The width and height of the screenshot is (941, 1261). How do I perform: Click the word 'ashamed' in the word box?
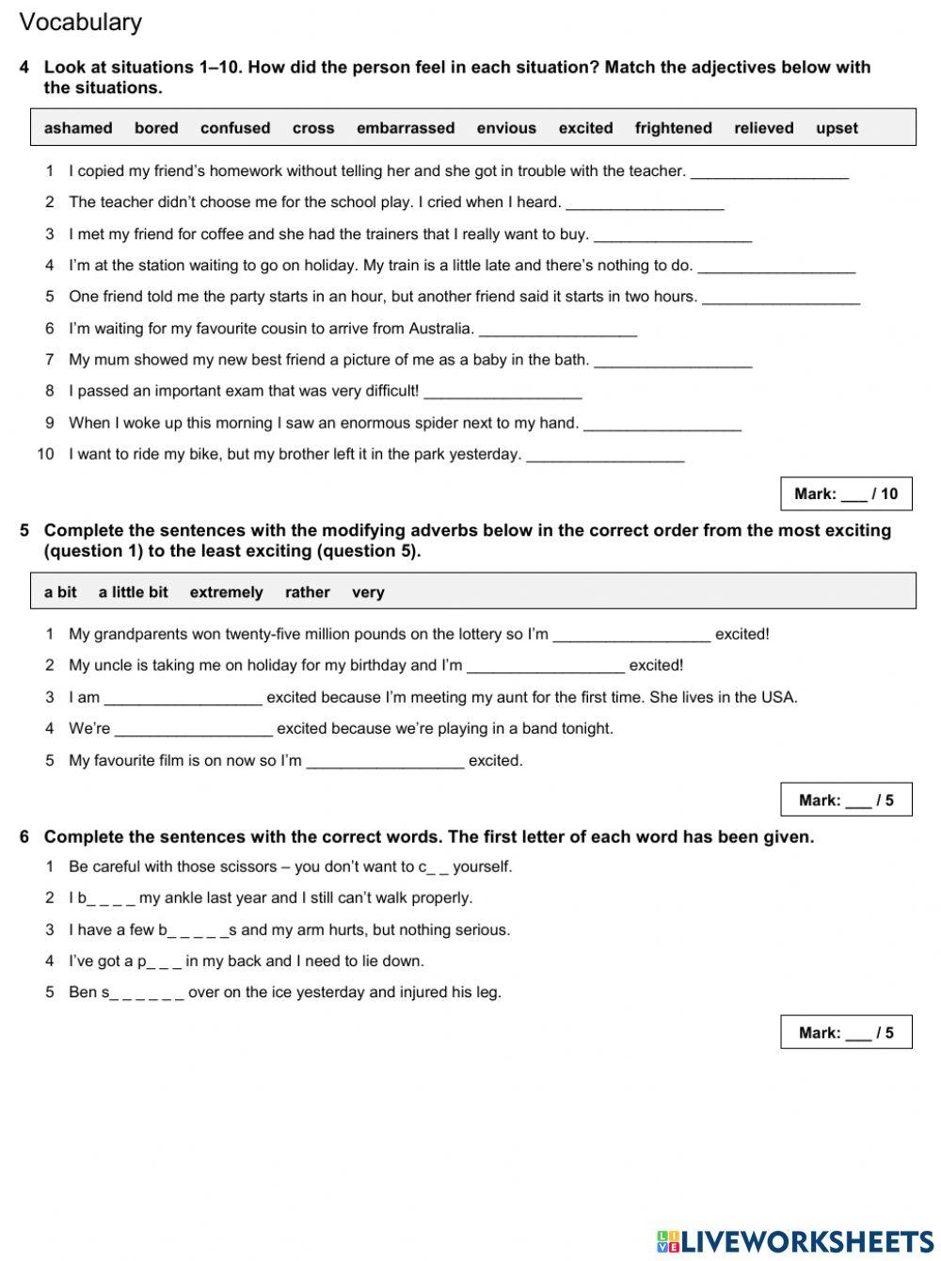pos(78,128)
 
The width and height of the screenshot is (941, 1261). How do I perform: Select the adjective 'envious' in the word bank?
pos(506,128)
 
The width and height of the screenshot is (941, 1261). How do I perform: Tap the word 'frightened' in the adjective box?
pos(673,128)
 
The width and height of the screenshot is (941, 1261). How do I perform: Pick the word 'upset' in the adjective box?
pos(837,128)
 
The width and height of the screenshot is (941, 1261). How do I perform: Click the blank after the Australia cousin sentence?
pos(558,331)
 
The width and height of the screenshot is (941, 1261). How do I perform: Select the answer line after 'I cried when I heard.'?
pos(645,204)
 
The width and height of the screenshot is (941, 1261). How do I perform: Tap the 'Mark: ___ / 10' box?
pos(846,493)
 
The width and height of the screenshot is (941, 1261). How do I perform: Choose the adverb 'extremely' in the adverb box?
pos(226,592)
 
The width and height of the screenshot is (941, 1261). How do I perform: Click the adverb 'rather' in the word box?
pos(307,592)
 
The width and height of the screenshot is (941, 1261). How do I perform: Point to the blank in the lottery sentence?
pos(631,636)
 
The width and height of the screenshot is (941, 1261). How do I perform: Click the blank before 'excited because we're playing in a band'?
pos(193,730)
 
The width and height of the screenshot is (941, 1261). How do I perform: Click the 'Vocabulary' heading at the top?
pos(80,22)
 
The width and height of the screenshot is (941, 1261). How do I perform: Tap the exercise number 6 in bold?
pos(24,836)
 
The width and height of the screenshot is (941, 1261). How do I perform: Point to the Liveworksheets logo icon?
pos(667,1241)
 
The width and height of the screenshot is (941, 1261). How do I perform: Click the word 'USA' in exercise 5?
pos(778,697)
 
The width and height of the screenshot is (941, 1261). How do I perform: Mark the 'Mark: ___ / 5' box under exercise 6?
pos(846,1032)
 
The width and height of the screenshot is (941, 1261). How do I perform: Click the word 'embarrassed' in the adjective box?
pos(406,128)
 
